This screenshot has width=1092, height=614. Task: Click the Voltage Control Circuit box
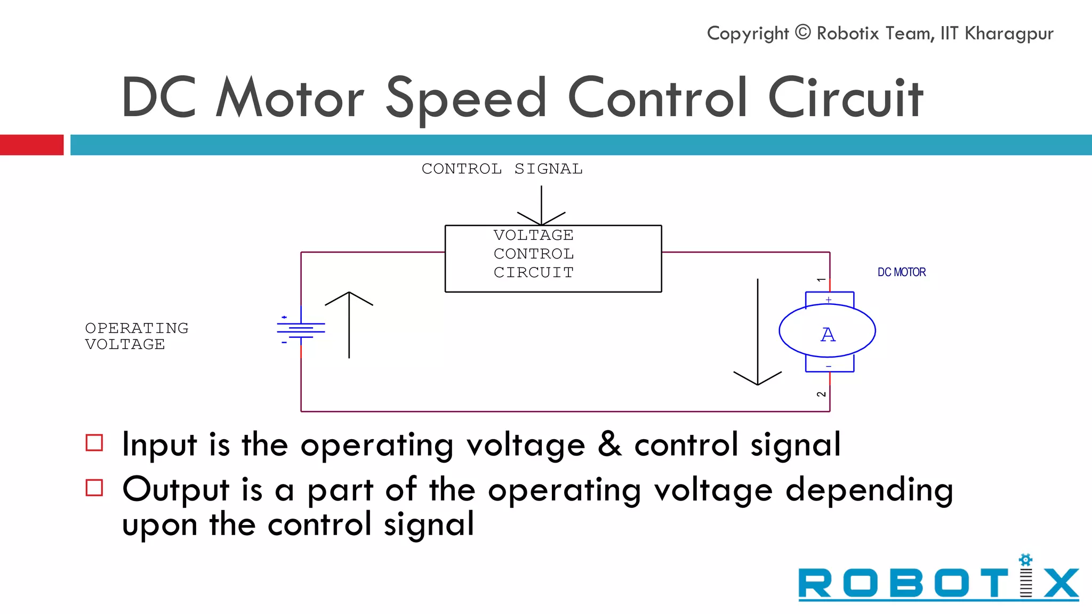(553, 258)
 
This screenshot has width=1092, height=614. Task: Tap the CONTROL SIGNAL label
(502, 169)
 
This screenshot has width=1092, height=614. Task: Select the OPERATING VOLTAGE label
(136, 336)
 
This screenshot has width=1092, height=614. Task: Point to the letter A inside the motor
(828, 335)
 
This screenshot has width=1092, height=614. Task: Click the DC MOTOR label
(902, 272)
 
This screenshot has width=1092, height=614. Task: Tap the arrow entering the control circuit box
(541, 206)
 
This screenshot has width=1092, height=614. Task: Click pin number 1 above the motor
(821, 279)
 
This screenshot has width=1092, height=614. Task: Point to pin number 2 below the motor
(821, 394)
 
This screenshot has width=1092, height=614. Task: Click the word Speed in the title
(466, 99)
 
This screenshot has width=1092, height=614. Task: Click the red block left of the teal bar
(31, 145)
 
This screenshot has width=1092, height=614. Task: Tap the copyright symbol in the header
(802, 33)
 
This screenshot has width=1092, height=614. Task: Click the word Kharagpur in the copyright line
(1009, 34)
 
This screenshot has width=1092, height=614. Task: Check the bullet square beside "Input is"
(94, 443)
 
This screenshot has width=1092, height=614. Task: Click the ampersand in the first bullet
(609, 444)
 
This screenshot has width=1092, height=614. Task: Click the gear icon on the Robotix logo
(1025, 560)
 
